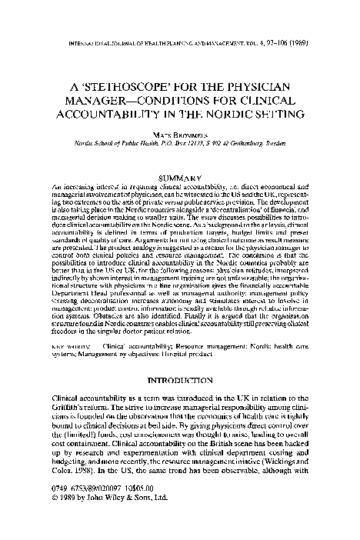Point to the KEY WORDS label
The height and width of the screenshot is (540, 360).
(70, 348)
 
